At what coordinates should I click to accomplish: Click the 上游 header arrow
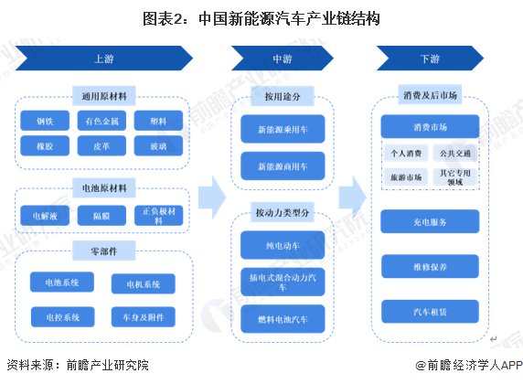coord(102,59)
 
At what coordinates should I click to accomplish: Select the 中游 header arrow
coord(281,59)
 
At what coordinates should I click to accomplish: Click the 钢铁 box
coord(45,121)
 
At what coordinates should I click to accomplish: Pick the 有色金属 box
coord(101,121)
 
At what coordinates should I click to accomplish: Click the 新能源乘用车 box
coord(282,131)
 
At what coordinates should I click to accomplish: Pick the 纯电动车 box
coord(282,245)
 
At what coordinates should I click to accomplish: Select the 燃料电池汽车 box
coord(282,319)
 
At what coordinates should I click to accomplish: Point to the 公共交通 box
coord(457,154)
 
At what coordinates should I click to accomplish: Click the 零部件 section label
coord(103,248)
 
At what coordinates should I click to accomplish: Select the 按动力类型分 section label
coord(282,214)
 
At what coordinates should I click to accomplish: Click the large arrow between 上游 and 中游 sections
coord(212,195)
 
